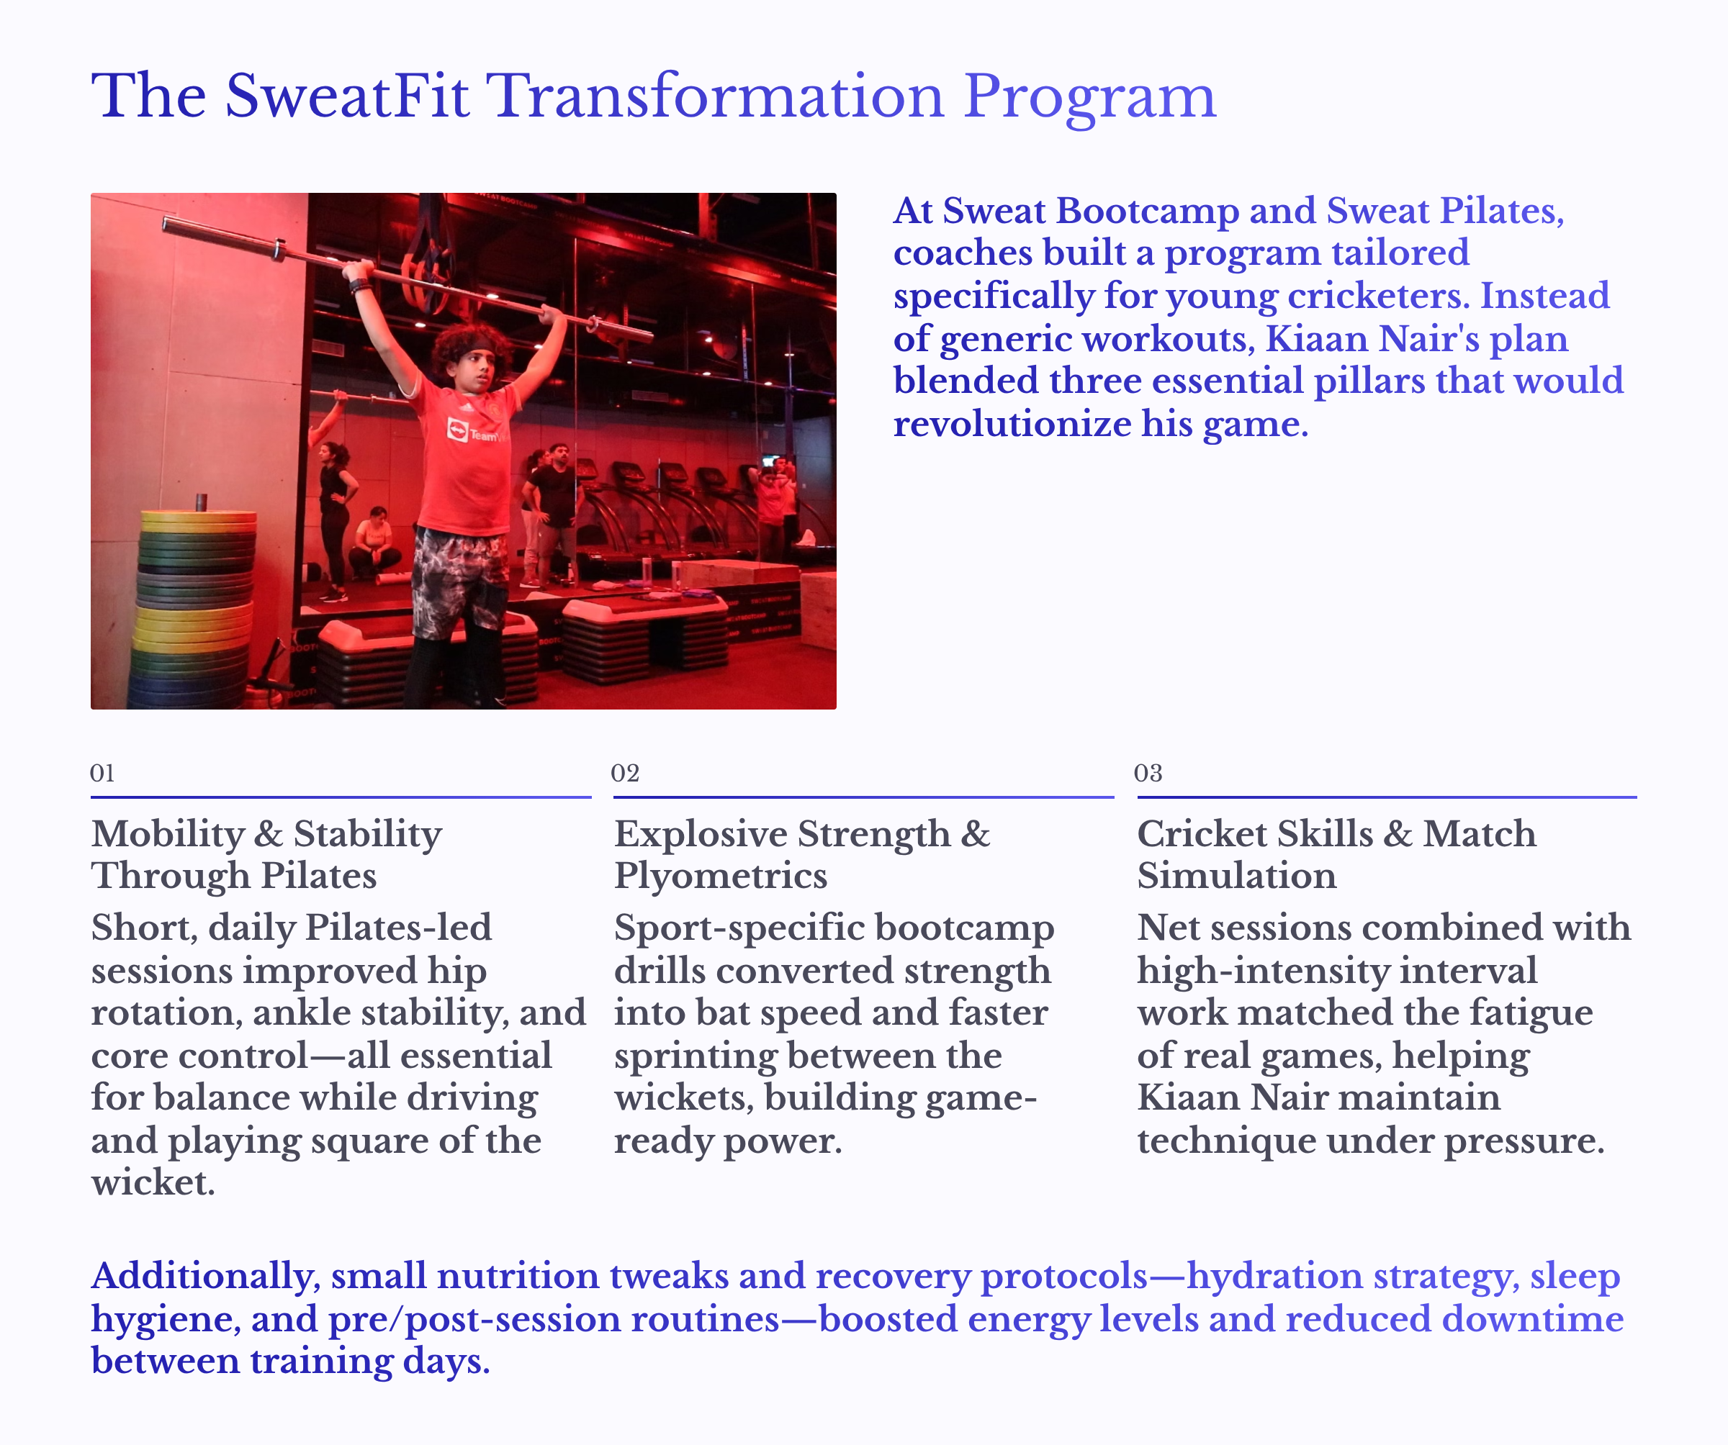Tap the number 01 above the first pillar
pos(102,773)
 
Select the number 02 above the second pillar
pos(624,773)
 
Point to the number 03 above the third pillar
pos(1148,773)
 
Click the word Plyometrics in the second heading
pos(721,876)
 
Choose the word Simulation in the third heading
pos(1237,876)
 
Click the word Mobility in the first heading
pos(168,834)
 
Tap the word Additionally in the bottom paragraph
pos(201,1277)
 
